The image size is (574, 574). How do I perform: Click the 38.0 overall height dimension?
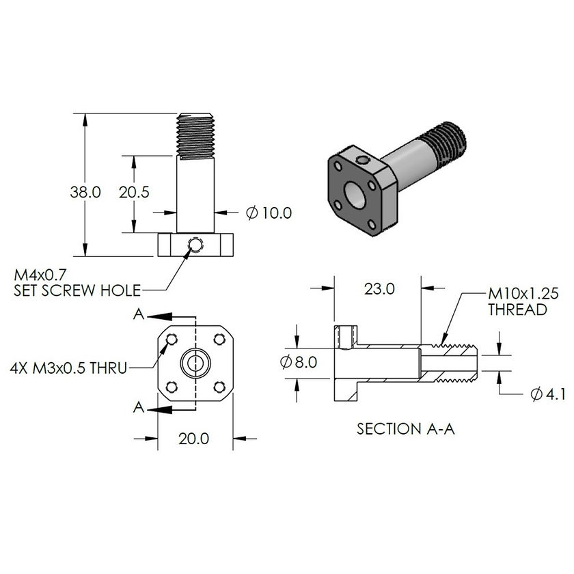[x=85, y=192]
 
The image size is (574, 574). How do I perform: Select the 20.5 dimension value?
[x=134, y=192]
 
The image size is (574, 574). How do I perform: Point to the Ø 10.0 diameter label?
[x=269, y=213]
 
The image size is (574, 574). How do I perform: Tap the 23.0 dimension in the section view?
[x=379, y=288]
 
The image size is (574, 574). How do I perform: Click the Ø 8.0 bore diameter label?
[x=299, y=362]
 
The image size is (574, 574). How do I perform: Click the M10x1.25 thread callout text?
[x=523, y=301]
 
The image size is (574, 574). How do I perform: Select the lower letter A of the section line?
[x=139, y=407]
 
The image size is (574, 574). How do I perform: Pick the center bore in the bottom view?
[x=196, y=363]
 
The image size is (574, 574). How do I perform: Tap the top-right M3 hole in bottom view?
[x=219, y=338]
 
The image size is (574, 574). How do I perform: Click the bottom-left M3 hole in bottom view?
[x=172, y=387]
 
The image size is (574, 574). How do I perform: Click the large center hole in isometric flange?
[x=356, y=193]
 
